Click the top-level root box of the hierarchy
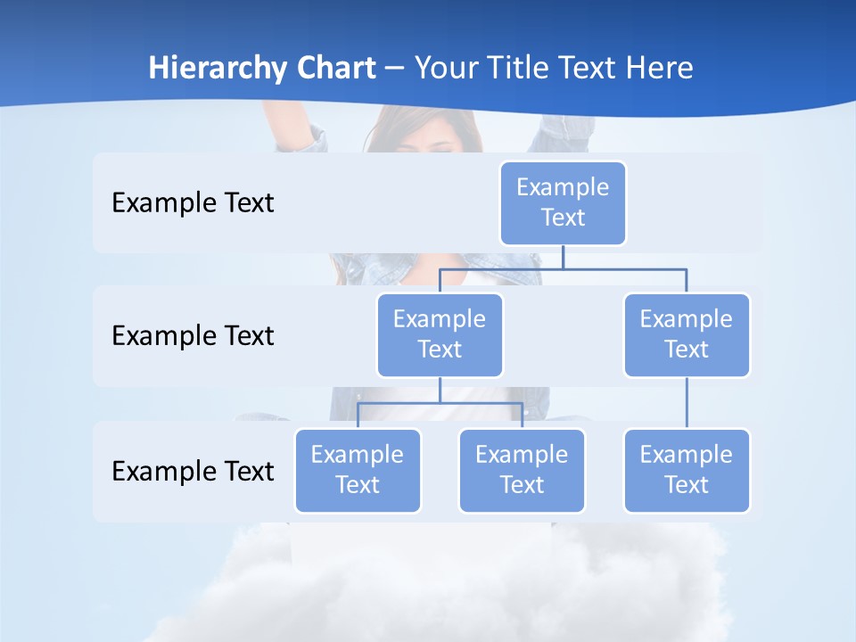click(x=563, y=202)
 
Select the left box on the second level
click(x=440, y=334)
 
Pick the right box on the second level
click(x=687, y=334)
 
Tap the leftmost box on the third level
click(x=358, y=470)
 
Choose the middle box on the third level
click(x=522, y=470)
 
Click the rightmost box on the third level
click(x=687, y=470)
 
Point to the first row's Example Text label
click(x=193, y=203)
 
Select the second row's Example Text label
click(x=193, y=336)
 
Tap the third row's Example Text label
click(x=193, y=471)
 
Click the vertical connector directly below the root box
click(x=563, y=257)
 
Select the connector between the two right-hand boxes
click(x=687, y=402)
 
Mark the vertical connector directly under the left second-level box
click(x=440, y=390)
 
